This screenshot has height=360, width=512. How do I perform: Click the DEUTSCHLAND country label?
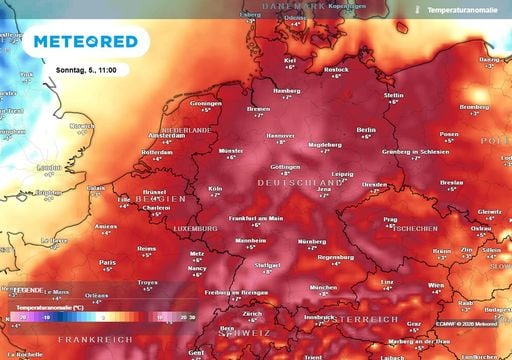tap(300, 183)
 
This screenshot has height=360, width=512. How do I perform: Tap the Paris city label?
tap(107, 263)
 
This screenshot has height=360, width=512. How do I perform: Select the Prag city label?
tap(391, 218)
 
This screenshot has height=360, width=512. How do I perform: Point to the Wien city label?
tap(434, 285)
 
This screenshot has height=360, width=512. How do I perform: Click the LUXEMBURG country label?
tap(195, 228)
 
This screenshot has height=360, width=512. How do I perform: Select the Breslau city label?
tap(452, 183)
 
